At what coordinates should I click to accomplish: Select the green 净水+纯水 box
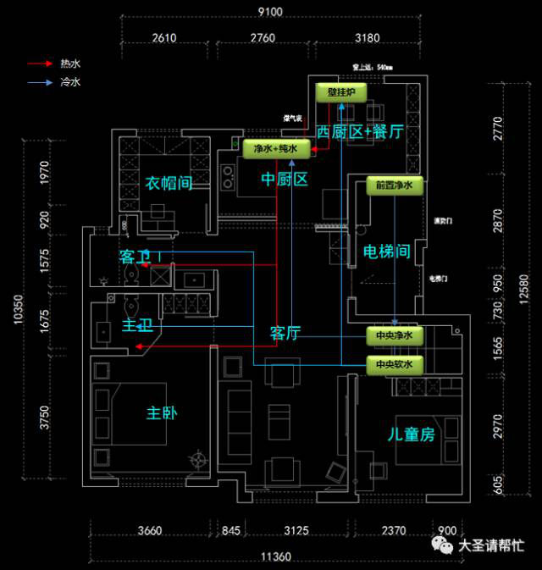[275, 149]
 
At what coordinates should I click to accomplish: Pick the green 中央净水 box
[394, 336]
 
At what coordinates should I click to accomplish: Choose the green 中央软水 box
[394, 365]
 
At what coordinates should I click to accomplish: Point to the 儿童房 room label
[411, 435]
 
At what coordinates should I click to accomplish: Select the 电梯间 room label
[386, 252]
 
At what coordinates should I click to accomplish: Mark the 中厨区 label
[284, 180]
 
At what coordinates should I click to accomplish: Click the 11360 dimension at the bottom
[276, 556]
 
